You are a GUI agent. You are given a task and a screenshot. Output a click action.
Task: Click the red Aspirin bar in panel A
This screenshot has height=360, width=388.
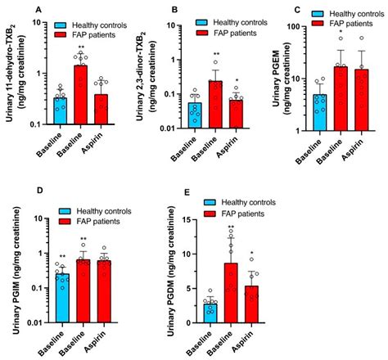pyautogui.click(x=102, y=110)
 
